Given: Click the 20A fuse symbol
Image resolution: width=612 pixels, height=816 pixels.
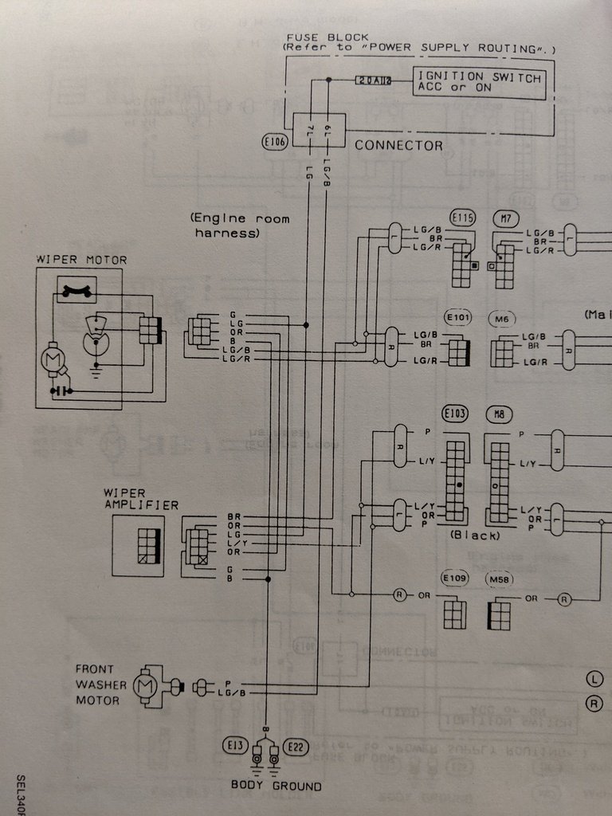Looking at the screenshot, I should tap(374, 80).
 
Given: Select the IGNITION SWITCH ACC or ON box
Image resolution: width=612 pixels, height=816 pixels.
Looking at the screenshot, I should tap(479, 83).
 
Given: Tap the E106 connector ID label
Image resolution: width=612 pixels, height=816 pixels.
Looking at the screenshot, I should tap(274, 143).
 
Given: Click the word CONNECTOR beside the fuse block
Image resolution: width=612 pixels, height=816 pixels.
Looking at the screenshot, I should tap(398, 146).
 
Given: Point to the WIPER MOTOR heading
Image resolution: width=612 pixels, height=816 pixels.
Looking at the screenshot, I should tap(81, 260).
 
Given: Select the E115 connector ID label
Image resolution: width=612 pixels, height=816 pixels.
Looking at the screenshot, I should tap(462, 217).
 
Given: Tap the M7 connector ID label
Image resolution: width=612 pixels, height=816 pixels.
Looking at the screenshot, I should tap(504, 217).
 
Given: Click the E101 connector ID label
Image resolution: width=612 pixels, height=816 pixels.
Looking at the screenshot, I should tap(459, 318).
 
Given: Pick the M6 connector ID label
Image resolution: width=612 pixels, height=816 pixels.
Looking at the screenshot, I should tap(501, 319).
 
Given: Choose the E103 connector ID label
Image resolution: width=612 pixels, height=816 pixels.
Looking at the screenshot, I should tap(456, 414).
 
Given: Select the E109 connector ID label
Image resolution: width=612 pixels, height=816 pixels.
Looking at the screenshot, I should tap(456, 578).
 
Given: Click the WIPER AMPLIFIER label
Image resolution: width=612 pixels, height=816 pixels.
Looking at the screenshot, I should tap(140, 499).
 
